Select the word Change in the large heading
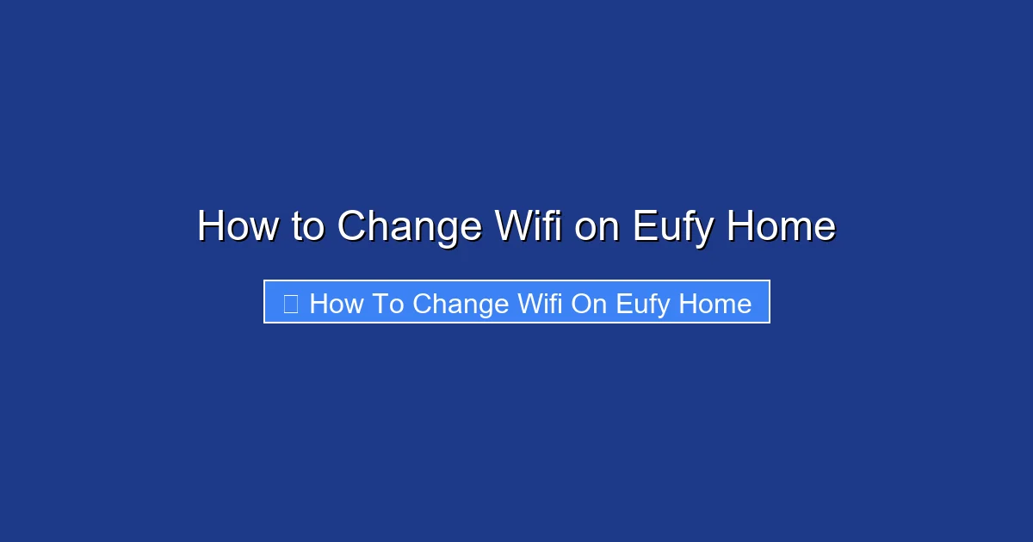pos(410,227)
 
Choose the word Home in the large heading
pos(781,227)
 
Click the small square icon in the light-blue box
pos(290,303)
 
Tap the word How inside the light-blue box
pos(337,304)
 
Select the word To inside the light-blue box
pos(387,304)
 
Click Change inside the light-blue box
pos(461,304)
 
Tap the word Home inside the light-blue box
pos(715,304)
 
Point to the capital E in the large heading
pos(643,227)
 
